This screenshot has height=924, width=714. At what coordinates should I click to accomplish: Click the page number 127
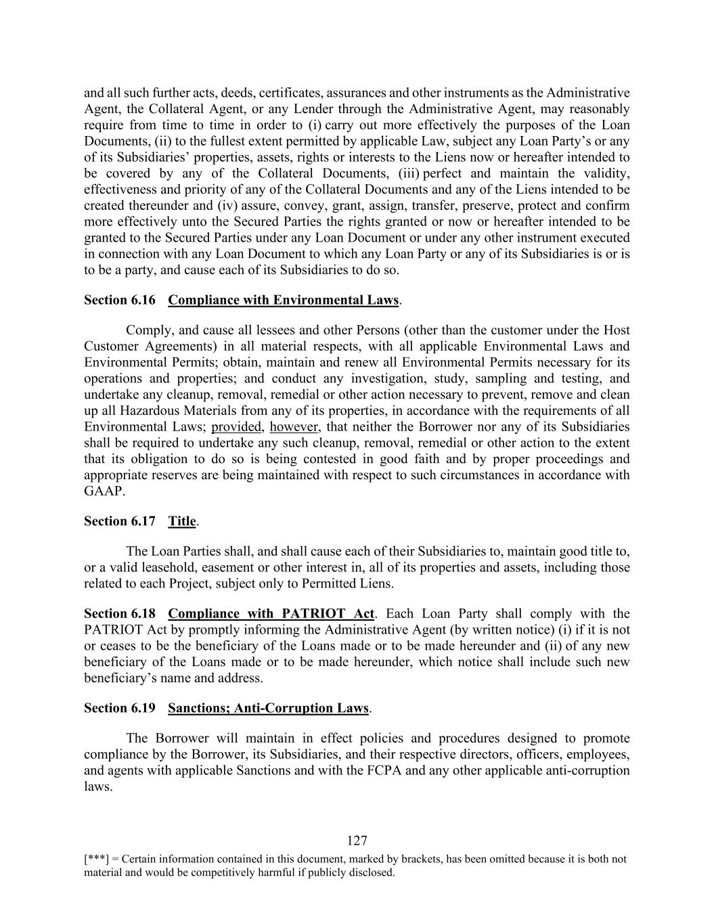click(x=357, y=841)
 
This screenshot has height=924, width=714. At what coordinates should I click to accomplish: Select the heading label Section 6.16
click(x=120, y=300)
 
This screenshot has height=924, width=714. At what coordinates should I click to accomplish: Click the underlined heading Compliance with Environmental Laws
click(x=283, y=300)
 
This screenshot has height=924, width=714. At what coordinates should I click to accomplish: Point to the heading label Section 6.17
click(x=120, y=521)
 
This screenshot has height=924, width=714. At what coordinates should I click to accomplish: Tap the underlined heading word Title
click(x=182, y=521)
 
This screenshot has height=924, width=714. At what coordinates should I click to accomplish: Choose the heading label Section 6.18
click(x=120, y=614)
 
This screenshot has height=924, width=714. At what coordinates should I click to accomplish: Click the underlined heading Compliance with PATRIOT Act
click(x=271, y=614)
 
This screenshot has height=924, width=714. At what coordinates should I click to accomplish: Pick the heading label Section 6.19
click(x=120, y=709)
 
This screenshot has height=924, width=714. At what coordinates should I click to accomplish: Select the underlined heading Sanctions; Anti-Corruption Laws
click(x=268, y=709)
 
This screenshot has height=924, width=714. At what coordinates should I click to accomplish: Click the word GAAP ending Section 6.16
click(x=104, y=491)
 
